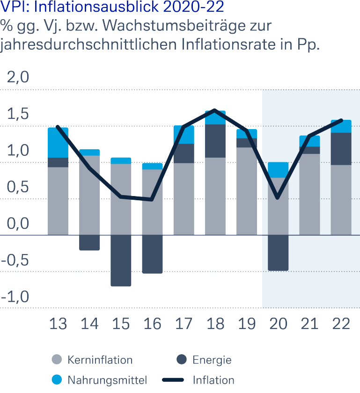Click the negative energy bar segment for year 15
tap(121, 260)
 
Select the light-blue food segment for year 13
tap(58, 143)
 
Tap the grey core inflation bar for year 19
tap(247, 191)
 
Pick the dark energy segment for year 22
tap(341, 149)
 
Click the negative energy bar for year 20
tap(278, 253)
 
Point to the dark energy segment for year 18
tap(215, 141)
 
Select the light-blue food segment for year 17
tap(184, 135)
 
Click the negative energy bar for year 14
tap(89, 242)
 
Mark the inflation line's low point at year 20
tap(278, 198)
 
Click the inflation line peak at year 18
tap(215, 110)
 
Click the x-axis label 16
tap(153, 324)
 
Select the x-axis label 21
tap(309, 324)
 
